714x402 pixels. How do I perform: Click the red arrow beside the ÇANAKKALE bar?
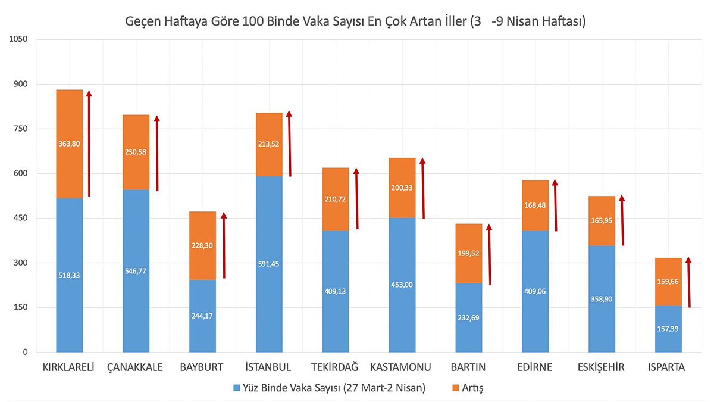(157, 154)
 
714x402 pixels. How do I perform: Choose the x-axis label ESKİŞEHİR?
(601, 367)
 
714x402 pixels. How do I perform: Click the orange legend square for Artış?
(457, 388)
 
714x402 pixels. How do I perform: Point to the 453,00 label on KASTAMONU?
(402, 285)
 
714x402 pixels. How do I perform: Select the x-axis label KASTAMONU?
(402, 367)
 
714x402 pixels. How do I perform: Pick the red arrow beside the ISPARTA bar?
(688, 282)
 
